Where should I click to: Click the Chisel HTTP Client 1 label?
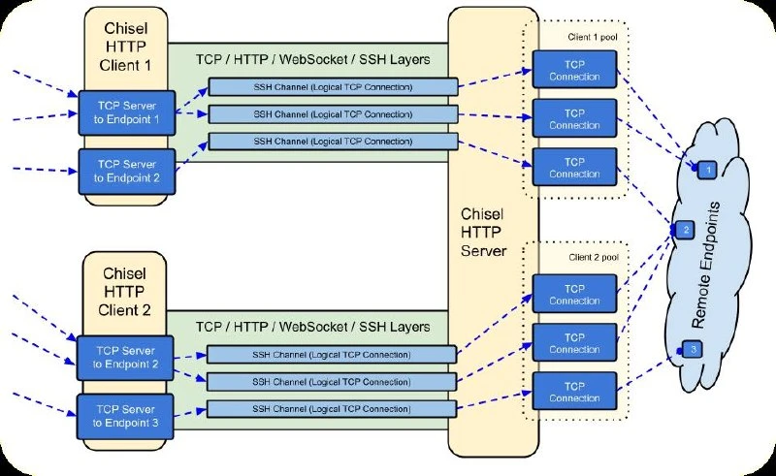pyautogui.click(x=126, y=47)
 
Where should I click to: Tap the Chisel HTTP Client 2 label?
pyautogui.click(x=124, y=292)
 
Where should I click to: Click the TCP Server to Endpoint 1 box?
pyautogui.click(x=127, y=112)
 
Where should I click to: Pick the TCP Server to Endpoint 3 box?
pyautogui.click(x=125, y=417)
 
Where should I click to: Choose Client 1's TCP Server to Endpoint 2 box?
pyautogui.click(x=127, y=172)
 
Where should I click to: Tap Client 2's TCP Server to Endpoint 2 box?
pyautogui.click(x=125, y=358)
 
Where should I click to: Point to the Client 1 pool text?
pyautogui.click(x=593, y=37)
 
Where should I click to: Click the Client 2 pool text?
pyautogui.click(x=594, y=257)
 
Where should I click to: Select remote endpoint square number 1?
pyautogui.click(x=708, y=171)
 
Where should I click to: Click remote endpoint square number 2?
pyautogui.click(x=686, y=230)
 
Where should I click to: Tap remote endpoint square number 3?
pyautogui.click(x=693, y=349)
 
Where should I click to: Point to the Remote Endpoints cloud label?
pyautogui.click(x=706, y=266)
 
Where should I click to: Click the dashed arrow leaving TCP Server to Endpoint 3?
pyautogui.click(x=190, y=413)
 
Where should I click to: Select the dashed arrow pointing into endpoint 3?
pyautogui.click(x=648, y=370)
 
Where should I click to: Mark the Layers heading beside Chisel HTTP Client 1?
pyautogui.click(x=313, y=60)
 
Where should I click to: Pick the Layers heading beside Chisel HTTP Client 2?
pyautogui.click(x=313, y=327)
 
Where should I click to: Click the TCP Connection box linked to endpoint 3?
pyautogui.click(x=574, y=392)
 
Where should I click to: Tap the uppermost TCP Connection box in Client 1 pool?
pyautogui.click(x=574, y=70)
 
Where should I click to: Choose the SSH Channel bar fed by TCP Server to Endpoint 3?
pyautogui.click(x=331, y=409)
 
